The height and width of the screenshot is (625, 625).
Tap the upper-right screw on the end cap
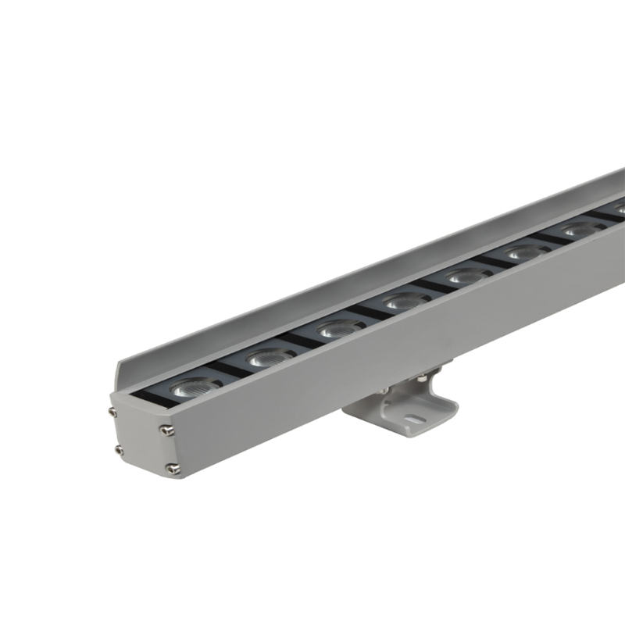[166, 429]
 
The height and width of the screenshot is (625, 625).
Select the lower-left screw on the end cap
[118, 449]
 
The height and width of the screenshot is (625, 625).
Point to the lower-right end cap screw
[172, 468]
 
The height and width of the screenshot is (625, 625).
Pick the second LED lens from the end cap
[268, 357]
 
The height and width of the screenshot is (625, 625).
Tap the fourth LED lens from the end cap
[406, 300]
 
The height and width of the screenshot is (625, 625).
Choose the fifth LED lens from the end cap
[467, 276]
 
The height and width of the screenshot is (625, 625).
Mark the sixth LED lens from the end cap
[522, 252]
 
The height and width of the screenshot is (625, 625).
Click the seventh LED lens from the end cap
[576, 230]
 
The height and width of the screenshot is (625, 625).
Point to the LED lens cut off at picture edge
[619, 209]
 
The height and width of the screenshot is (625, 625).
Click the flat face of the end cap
[141, 439]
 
